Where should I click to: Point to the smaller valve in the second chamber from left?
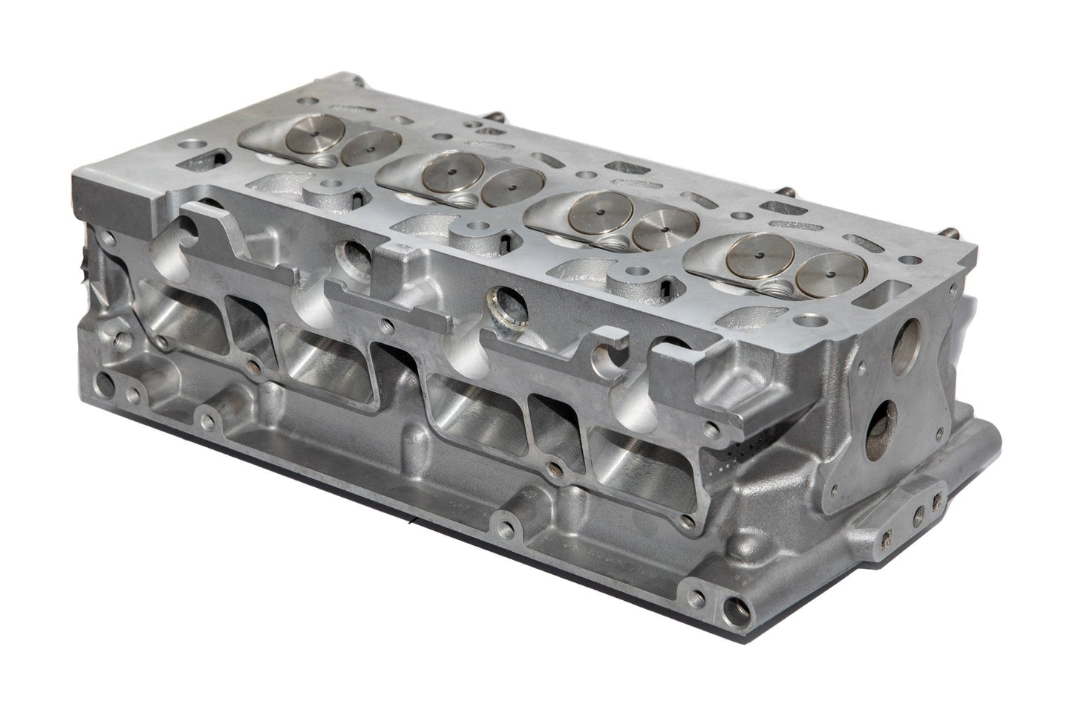pos(513,186)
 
